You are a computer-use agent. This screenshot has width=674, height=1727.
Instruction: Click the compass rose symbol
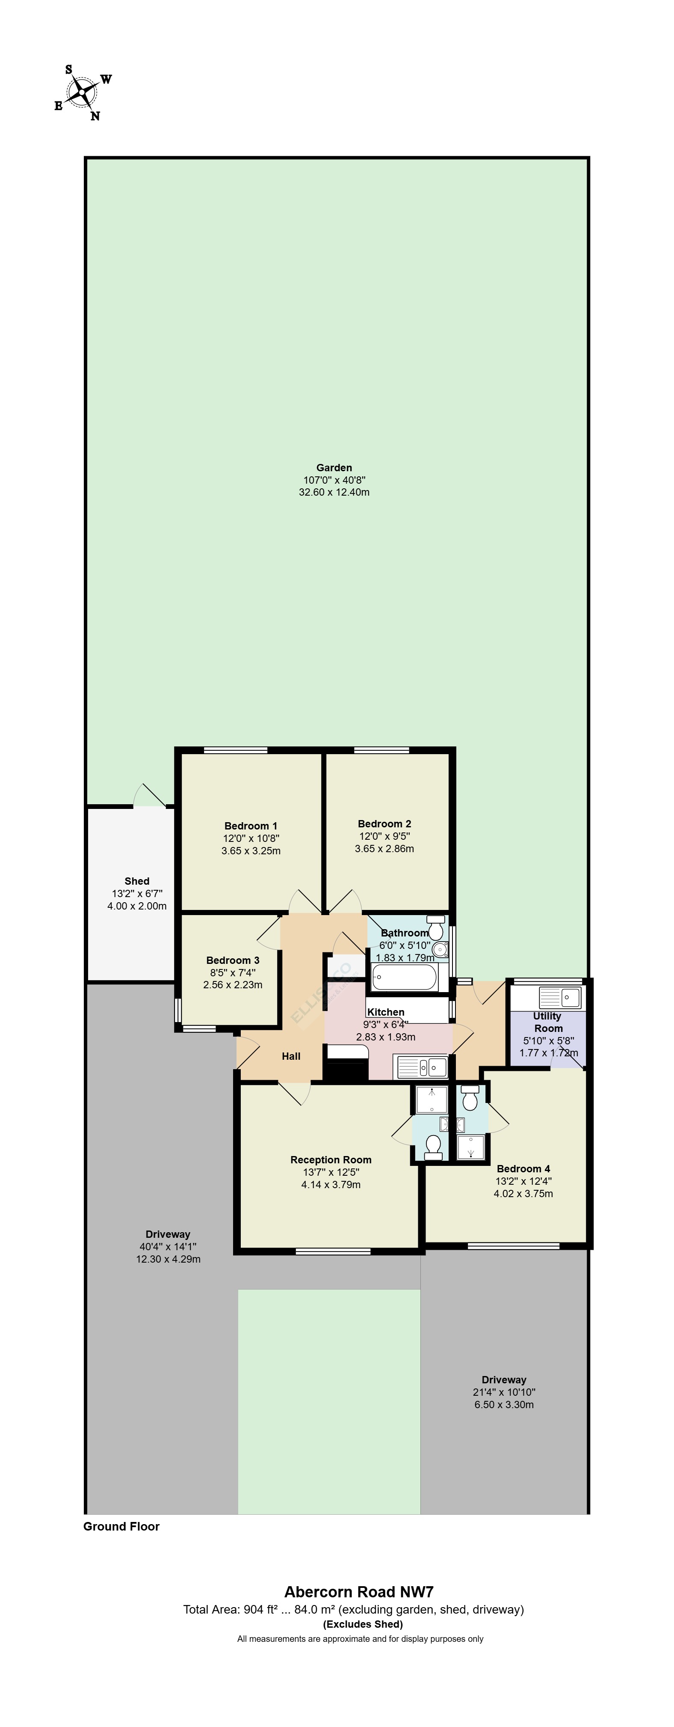(83, 92)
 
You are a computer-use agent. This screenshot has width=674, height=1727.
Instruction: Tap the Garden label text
(334, 467)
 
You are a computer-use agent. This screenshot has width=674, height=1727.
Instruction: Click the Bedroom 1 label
(251, 826)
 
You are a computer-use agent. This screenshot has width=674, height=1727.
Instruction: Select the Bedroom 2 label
(384, 823)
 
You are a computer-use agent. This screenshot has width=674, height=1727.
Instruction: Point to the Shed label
(137, 881)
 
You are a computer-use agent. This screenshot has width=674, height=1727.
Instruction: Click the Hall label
(291, 1056)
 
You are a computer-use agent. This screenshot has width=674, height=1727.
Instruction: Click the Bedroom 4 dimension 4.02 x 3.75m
(523, 1193)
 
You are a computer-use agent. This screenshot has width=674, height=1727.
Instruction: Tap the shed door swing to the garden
(149, 795)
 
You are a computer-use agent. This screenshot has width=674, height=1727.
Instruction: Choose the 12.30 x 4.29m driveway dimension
(168, 1259)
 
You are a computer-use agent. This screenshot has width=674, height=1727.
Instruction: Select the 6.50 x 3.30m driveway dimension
(504, 1405)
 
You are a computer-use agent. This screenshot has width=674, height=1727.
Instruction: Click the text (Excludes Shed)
(363, 1624)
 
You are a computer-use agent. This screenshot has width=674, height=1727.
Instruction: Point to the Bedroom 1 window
(235, 750)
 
